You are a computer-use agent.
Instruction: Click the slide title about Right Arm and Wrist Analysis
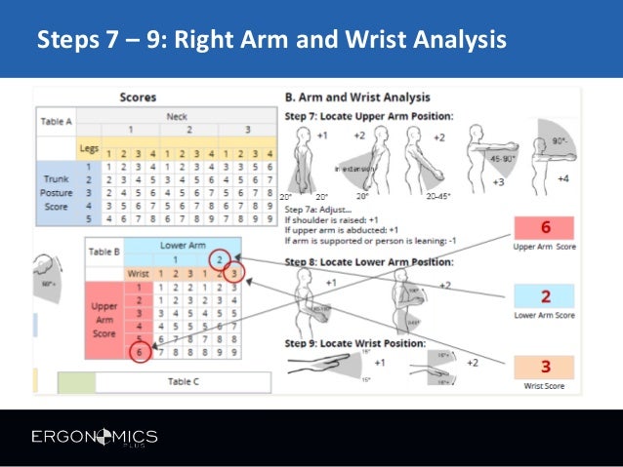pyautogui.click(x=270, y=41)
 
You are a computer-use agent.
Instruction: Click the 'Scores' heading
pyautogui.click(x=139, y=97)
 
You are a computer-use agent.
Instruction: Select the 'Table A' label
pyautogui.click(x=57, y=122)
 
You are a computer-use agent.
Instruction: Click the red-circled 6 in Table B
pyautogui.click(x=140, y=351)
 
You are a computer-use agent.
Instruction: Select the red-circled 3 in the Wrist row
pyautogui.click(x=236, y=274)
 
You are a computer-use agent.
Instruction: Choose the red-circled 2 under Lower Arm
pyautogui.click(x=221, y=258)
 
